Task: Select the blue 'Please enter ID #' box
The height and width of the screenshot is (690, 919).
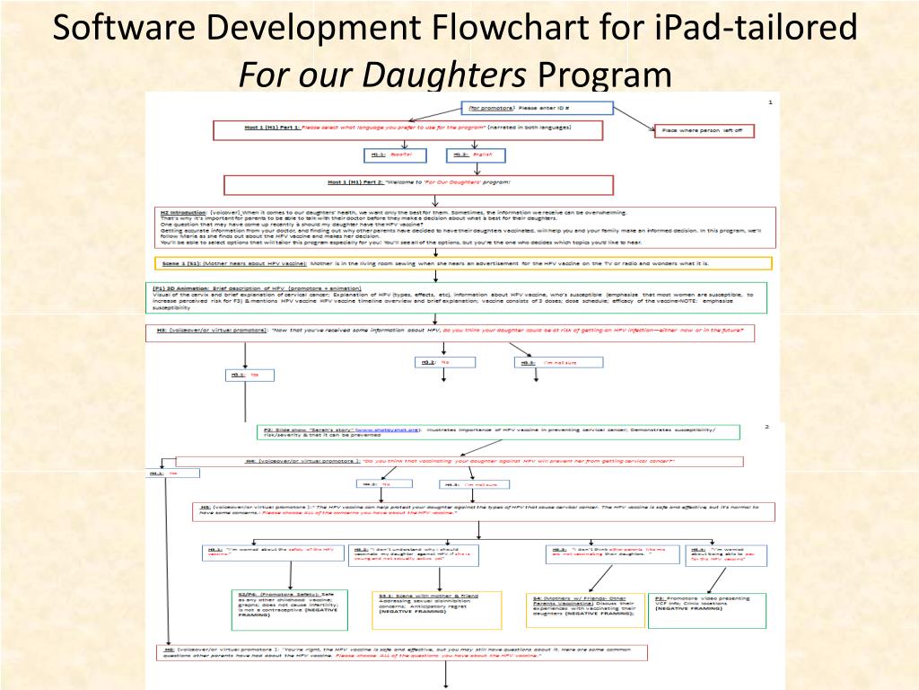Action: pos(538,108)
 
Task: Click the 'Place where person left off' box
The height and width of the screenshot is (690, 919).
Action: pos(704,130)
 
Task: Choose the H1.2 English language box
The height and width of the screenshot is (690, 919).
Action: pos(475,155)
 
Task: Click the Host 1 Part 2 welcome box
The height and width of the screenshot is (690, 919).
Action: pos(418,184)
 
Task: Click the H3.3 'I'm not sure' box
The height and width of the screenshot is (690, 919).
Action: pos(558,362)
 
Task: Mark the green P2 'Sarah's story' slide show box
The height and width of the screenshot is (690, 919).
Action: pos(499,431)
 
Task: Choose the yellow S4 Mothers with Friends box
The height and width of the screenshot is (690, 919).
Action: pos(584,609)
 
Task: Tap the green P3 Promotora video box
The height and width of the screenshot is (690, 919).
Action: pos(708,609)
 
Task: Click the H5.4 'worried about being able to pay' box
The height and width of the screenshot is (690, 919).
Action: pos(724,554)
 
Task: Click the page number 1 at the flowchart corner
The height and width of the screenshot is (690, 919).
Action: pos(769,102)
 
